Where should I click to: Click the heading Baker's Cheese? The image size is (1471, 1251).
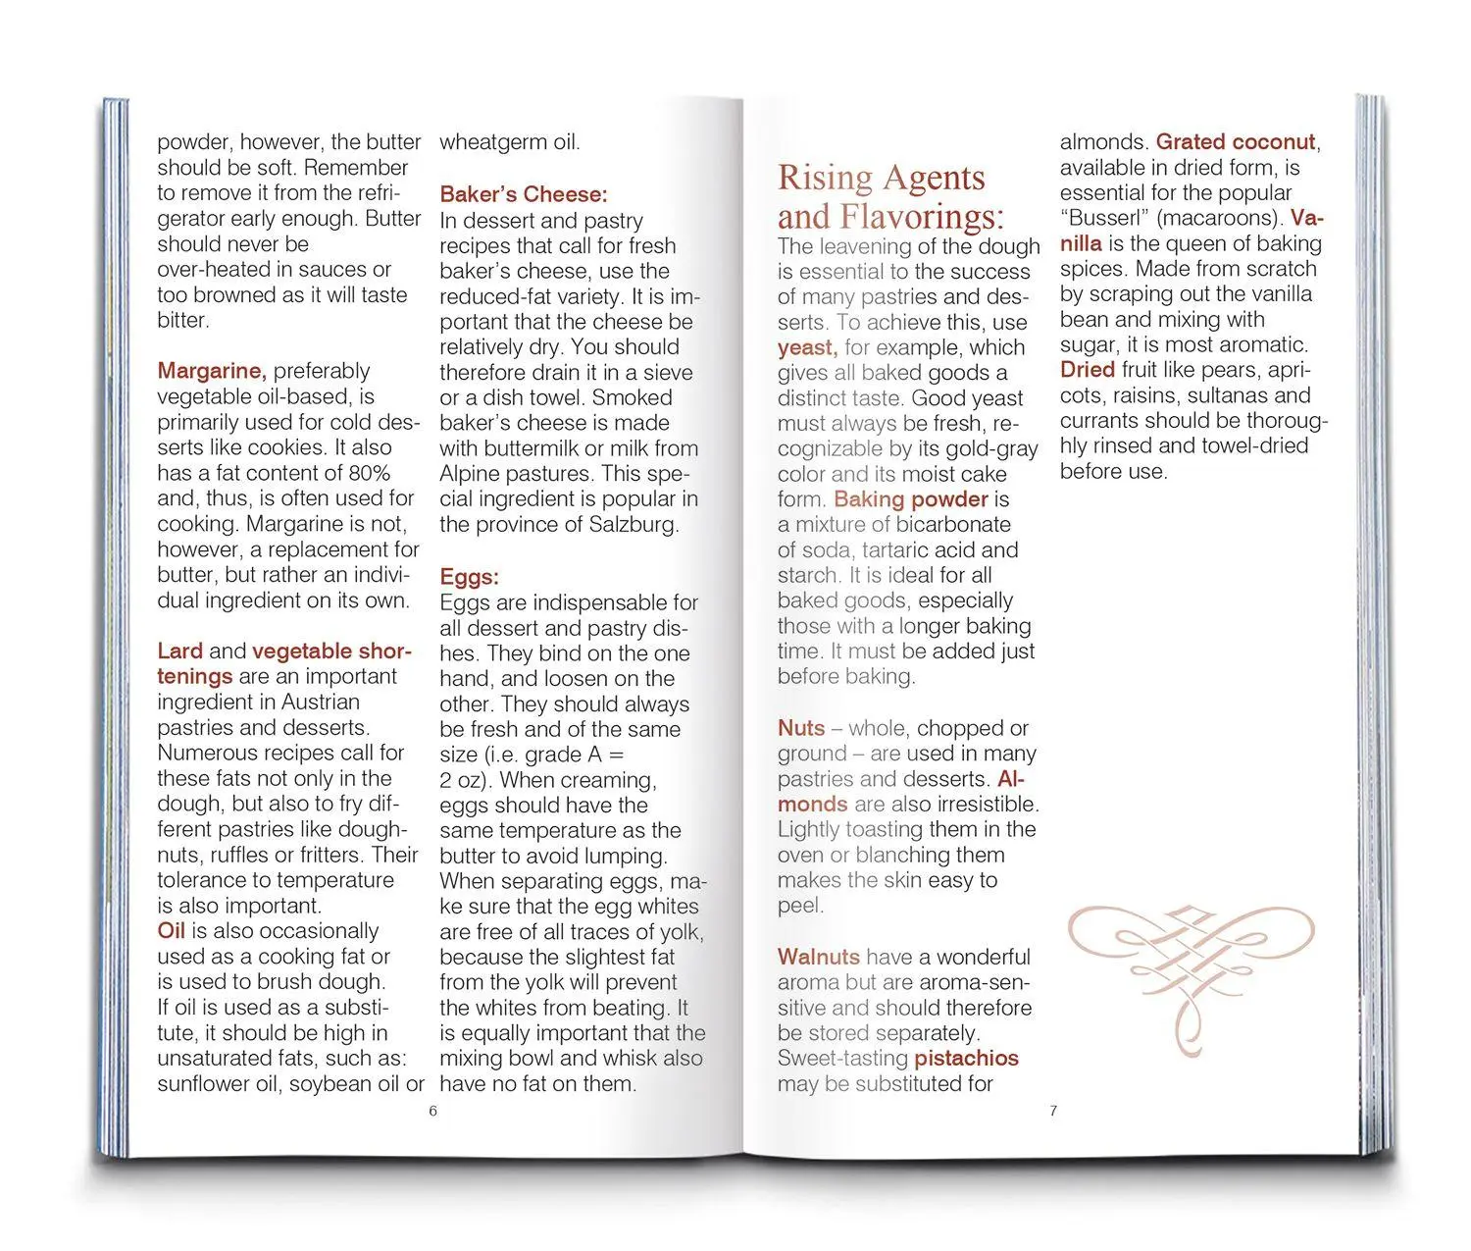click(524, 194)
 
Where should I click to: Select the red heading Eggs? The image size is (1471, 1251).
click(469, 577)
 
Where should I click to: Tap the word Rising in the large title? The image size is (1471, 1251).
click(825, 178)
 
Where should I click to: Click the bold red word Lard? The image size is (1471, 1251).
click(180, 652)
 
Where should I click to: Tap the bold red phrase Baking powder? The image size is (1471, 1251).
click(911, 499)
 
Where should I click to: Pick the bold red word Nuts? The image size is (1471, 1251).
click(801, 728)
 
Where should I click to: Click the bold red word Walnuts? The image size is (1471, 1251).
click(819, 958)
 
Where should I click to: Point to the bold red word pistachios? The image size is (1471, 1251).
click(966, 1059)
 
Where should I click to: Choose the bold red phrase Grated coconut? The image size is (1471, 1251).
click(1236, 142)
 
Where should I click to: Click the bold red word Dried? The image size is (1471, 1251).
click(1088, 370)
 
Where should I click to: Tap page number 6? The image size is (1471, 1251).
click(432, 1111)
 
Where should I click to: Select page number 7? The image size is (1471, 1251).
click(1053, 1111)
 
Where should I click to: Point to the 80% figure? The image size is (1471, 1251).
click(369, 473)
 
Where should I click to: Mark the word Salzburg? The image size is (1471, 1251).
click(634, 524)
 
